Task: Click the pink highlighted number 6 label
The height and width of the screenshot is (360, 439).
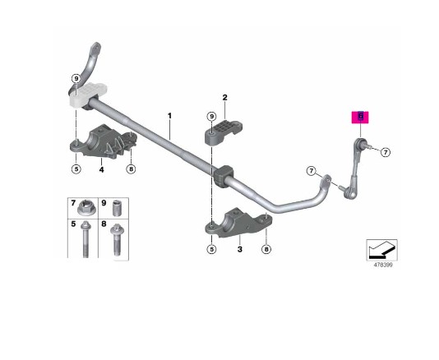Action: (360, 118)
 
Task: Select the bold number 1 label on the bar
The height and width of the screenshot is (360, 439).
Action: (169, 116)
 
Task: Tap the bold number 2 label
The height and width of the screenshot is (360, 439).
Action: (224, 98)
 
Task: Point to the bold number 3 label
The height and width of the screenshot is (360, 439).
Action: (240, 249)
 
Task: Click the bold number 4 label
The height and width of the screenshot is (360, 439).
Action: (101, 169)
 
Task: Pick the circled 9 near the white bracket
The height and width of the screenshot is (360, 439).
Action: (76, 79)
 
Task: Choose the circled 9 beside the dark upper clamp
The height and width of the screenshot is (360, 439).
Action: (211, 116)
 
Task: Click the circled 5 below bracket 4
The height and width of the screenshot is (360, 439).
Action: (76, 169)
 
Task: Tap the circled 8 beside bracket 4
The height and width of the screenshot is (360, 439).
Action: (131, 169)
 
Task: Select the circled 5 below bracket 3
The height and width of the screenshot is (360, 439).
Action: (211, 249)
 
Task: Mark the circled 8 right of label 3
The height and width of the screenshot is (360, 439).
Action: (266, 249)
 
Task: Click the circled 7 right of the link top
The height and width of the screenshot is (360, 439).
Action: (386, 152)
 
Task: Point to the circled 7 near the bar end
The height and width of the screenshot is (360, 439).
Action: (312, 171)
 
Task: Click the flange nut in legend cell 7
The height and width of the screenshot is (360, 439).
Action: (86, 208)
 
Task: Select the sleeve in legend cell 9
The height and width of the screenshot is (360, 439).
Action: (117, 208)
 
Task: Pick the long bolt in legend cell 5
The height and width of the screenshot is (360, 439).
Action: (85, 239)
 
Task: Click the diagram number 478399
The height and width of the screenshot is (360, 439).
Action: (383, 265)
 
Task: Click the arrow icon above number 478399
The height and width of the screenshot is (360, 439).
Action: (382, 250)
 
